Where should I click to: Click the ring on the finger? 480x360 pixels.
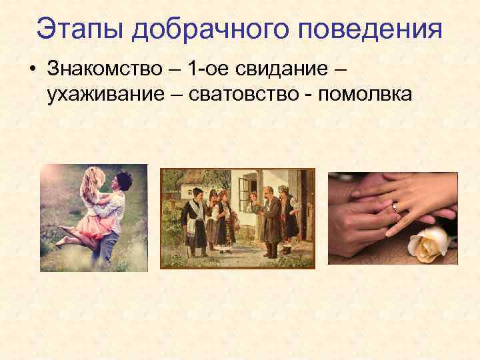(396, 207)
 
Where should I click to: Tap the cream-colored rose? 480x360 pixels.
(427, 245)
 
